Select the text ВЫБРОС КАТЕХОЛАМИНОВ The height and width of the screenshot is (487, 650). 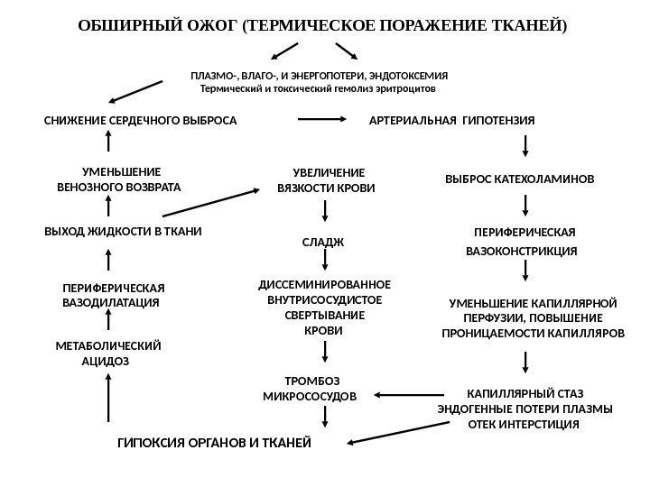pyautogui.click(x=521, y=179)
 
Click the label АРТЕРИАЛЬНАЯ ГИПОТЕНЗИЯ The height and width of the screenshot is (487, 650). pyautogui.click(x=452, y=120)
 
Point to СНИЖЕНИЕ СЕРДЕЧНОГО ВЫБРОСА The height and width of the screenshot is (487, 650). pyautogui.click(x=141, y=120)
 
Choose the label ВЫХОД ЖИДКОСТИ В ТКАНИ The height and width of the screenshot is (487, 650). pyautogui.click(x=124, y=231)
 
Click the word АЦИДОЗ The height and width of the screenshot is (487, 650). pyautogui.click(x=106, y=360)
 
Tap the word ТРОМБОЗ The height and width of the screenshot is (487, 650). pyautogui.click(x=310, y=381)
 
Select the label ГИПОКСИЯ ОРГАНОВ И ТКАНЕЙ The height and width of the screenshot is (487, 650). pyautogui.click(x=215, y=443)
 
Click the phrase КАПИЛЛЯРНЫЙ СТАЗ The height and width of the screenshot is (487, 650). pyautogui.click(x=525, y=393)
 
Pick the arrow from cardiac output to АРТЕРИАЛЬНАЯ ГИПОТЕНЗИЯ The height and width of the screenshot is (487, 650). pyautogui.click(x=321, y=118)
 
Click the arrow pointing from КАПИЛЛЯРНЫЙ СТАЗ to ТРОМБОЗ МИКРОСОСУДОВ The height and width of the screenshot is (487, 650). pyautogui.click(x=409, y=394)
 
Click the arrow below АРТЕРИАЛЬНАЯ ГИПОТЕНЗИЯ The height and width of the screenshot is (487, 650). pyautogui.click(x=525, y=147)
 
